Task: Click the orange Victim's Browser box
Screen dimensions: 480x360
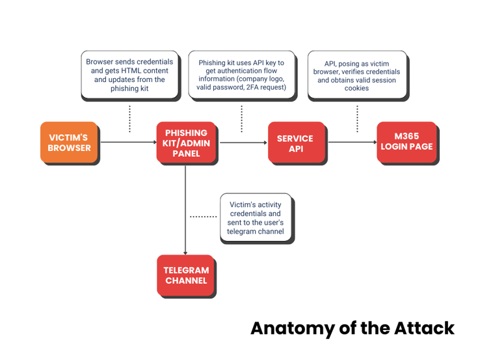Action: click(x=69, y=142)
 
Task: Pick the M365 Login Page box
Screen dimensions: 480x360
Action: click(x=407, y=142)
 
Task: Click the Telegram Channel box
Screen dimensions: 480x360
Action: click(x=185, y=275)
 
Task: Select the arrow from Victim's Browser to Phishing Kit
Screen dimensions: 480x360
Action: click(x=129, y=142)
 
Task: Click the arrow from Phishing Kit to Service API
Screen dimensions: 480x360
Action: click(x=243, y=143)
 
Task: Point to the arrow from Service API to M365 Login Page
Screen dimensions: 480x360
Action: click(x=353, y=142)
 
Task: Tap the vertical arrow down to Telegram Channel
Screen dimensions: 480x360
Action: click(x=185, y=210)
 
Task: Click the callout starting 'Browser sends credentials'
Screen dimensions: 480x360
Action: click(x=129, y=74)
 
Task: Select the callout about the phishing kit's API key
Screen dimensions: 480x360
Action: click(x=241, y=74)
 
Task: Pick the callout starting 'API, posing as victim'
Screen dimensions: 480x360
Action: click(x=357, y=74)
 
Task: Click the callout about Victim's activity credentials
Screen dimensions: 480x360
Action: click(x=256, y=217)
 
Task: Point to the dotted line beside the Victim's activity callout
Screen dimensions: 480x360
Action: click(x=204, y=217)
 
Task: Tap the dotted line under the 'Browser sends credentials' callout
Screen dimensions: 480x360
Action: click(x=130, y=119)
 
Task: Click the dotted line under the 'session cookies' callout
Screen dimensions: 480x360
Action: click(x=357, y=119)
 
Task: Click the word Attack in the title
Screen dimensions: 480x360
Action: click(x=424, y=328)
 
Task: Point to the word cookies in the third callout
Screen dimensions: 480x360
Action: click(x=356, y=89)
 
